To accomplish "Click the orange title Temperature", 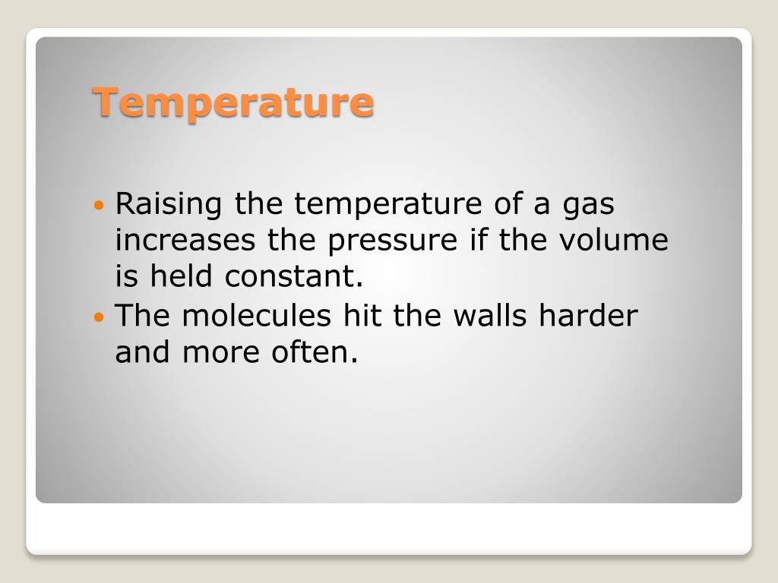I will coord(233,102).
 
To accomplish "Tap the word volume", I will coord(613,241).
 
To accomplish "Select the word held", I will coord(182,277).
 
